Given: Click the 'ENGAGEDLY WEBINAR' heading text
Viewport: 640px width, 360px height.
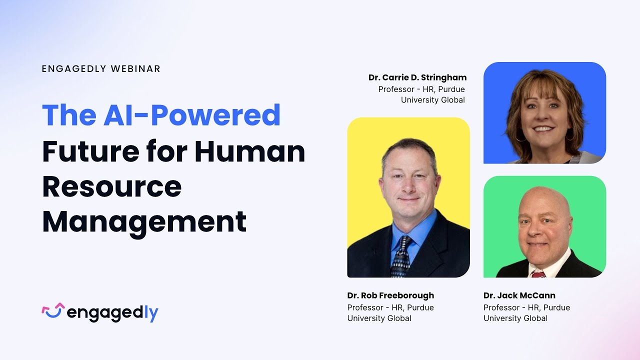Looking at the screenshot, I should coord(101,69).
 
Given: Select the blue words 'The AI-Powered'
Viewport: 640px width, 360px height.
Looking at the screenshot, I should coord(161,115).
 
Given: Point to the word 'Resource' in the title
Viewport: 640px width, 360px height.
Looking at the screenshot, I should coord(111,186).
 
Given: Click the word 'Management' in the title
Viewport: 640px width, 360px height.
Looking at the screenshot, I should coord(144,221).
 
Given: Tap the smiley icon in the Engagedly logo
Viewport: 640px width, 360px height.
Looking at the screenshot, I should coord(52,311).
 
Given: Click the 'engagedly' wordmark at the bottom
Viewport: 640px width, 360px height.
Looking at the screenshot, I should coord(112,313).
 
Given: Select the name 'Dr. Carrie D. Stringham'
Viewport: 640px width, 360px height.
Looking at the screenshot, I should coord(417,77).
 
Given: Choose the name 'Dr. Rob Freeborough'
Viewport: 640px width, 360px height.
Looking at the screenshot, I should coord(390,295).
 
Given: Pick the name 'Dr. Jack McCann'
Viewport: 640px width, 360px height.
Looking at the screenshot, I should coord(519,295).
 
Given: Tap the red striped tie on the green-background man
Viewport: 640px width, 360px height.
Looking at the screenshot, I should coord(538,273).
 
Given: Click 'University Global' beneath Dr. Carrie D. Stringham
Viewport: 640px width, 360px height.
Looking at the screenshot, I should coord(432,100).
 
